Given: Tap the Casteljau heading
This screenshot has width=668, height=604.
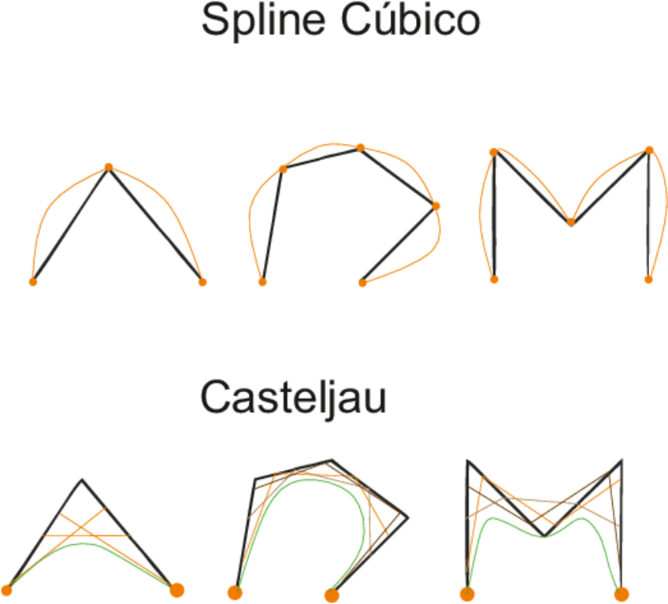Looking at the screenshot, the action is click(293, 397).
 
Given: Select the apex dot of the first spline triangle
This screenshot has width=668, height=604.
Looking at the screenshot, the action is click(109, 167).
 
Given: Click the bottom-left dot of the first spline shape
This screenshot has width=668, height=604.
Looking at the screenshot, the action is click(33, 281).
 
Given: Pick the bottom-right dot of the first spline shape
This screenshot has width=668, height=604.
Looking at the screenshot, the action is click(202, 282).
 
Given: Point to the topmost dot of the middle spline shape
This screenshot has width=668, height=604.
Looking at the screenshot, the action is click(360, 147).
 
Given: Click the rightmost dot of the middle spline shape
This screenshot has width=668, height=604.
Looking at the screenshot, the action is click(436, 206).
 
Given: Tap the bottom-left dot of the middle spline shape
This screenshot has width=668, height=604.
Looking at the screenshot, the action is click(262, 281).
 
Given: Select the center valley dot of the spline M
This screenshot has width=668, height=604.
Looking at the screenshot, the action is click(570, 222).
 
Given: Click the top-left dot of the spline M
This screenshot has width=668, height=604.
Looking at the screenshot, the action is click(494, 152).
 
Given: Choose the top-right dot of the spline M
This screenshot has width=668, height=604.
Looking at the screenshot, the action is click(649, 150).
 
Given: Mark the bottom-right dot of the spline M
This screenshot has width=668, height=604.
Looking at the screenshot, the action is click(648, 279).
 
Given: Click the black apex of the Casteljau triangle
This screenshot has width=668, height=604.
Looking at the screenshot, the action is click(82, 479).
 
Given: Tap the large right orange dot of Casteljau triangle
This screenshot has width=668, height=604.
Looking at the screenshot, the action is click(176, 589).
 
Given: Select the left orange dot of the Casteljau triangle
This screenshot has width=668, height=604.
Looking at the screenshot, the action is click(7, 589).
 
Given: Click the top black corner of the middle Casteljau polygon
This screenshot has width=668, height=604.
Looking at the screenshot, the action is click(331, 461).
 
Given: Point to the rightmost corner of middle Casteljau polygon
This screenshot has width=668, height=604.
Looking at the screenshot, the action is click(407, 517).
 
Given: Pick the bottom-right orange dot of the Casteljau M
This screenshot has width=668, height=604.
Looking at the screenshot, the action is click(622, 594).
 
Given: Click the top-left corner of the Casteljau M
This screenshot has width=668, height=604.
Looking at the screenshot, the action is click(469, 460).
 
